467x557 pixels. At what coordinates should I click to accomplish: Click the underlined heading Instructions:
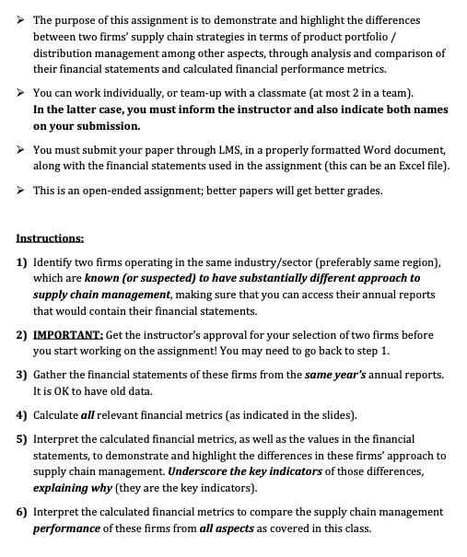[x=51, y=238]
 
